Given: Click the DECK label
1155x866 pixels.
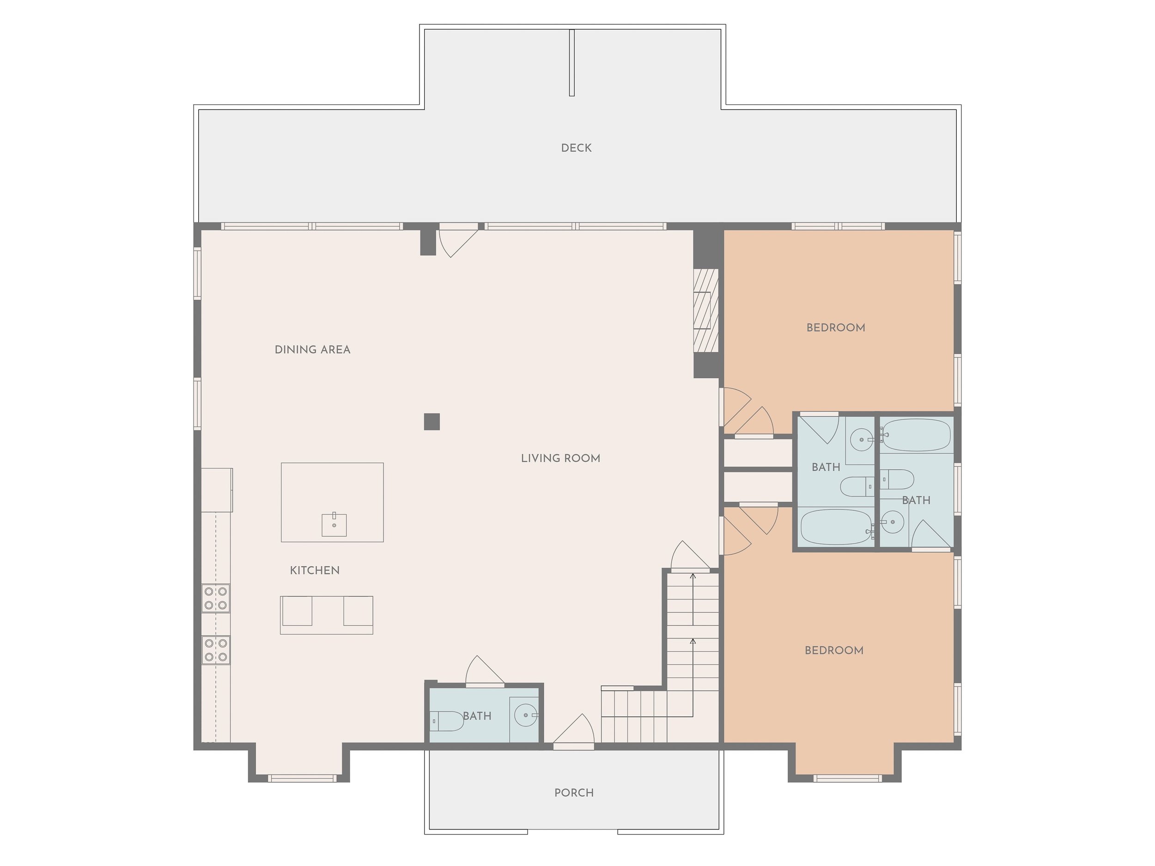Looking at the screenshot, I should (x=576, y=148).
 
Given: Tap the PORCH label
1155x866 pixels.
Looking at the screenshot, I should (x=574, y=793).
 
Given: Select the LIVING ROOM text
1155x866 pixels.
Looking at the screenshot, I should (x=560, y=458).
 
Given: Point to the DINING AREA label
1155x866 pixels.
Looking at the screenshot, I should (x=312, y=350).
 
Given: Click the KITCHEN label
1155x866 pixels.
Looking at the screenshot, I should (x=314, y=570).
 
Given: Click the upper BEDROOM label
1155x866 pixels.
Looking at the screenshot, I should (x=835, y=328).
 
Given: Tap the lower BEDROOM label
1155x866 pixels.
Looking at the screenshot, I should (x=834, y=650).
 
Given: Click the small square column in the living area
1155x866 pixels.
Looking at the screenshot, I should (x=432, y=421).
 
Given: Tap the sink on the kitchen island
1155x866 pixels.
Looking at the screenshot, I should (x=334, y=525).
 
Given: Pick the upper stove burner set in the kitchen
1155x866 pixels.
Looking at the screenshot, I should (x=216, y=598).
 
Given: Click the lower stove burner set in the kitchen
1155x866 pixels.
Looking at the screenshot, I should (x=216, y=650).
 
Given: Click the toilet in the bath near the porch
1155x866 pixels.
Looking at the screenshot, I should (x=447, y=721).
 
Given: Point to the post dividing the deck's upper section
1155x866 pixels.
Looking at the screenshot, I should (x=572, y=63).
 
